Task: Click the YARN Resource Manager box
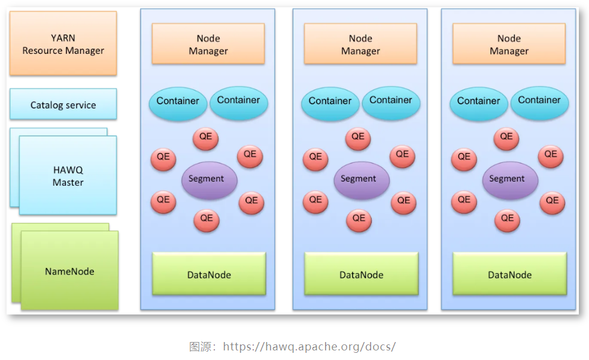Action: tap(63, 44)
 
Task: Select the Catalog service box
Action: tap(63, 105)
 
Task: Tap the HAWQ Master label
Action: tap(68, 176)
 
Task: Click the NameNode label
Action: tap(69, 271)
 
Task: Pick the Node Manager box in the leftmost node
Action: tap(208, 44)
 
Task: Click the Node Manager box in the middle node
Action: tap(360, 44)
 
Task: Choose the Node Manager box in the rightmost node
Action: tap(509, 44)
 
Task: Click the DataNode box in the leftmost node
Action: tap(209, 274)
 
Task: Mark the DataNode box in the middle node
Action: tap(362, 274)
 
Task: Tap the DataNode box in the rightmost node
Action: tap(509, 274)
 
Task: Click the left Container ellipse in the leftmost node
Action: tap(178, 102)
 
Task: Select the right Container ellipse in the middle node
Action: tap(391, 101)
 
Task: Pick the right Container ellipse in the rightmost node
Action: tap(539, 101)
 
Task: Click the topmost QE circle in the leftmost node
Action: tap(205, 138)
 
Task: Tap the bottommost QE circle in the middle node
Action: tap(359, 219)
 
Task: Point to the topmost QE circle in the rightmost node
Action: tap(506, 138)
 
